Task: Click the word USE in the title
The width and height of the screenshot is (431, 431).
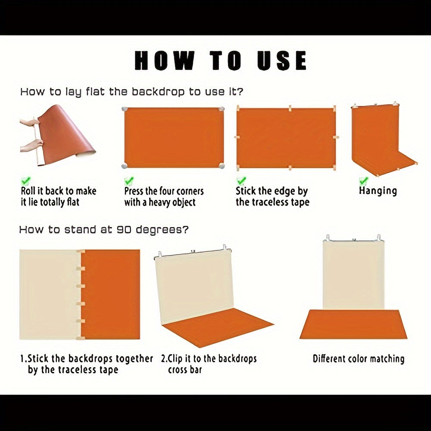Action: tap(282, 60)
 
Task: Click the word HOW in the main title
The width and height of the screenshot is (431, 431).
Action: tap(164, 60)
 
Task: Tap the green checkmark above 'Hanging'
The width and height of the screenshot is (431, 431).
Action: tap(363, 181)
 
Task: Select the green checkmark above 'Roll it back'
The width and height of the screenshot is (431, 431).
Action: tap(25, 181)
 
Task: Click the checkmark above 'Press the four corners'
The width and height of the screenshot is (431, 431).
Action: tap(128, 181)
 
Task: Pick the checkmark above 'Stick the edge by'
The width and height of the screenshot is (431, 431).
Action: tap(241, 181)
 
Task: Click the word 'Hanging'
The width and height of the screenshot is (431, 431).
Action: tap(378, 191)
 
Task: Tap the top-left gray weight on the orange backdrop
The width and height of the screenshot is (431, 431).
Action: tap(125, 109)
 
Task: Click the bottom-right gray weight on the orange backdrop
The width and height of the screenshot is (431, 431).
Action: tap(222, 166)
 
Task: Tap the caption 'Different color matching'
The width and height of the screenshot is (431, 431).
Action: tap(359, 359)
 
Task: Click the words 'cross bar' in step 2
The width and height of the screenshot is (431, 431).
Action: tap(185, 370)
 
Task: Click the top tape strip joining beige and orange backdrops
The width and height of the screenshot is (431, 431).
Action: tap(81, 252)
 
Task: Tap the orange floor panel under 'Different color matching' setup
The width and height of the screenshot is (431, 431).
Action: tap(353, 325)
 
